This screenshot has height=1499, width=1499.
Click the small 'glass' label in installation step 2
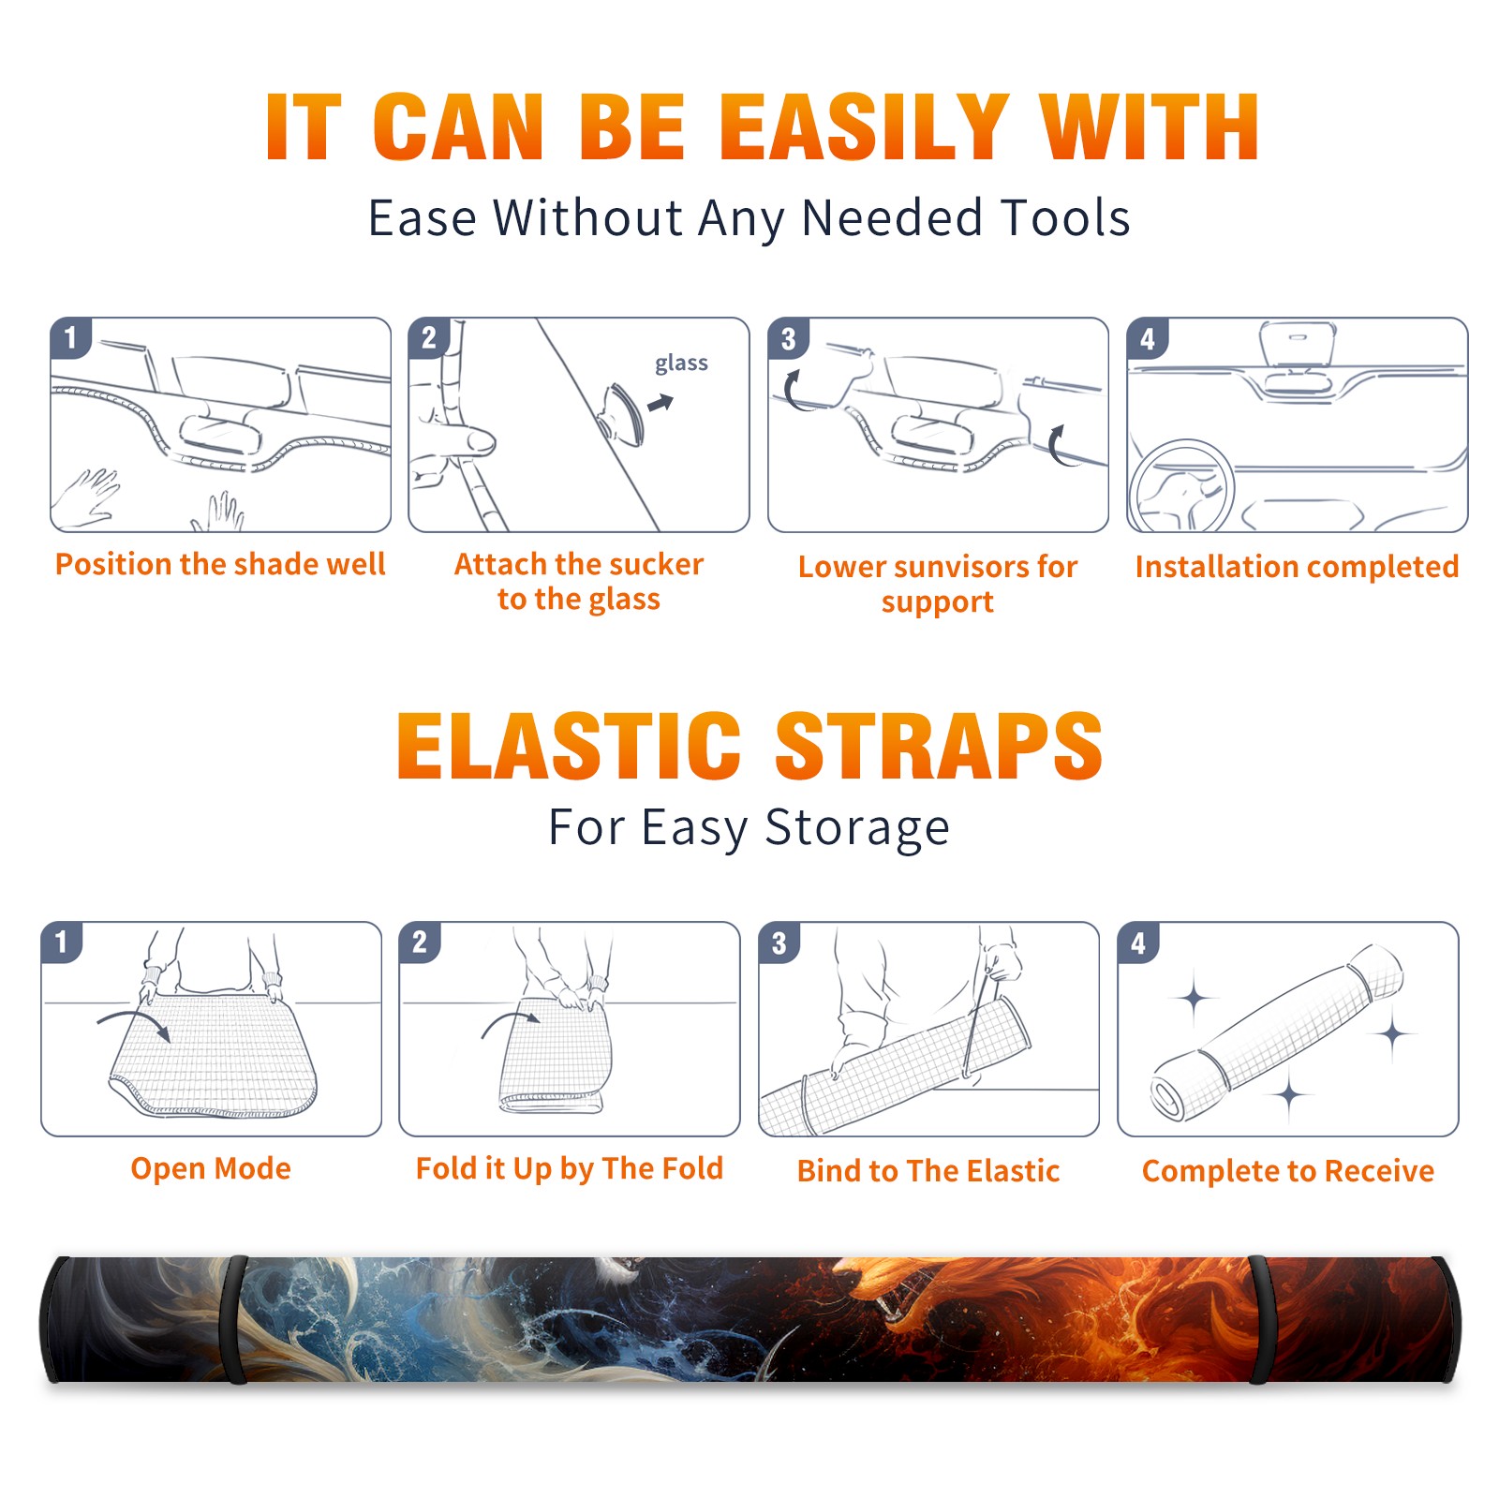click(681, 364)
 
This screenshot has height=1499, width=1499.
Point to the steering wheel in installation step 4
click(1181, 485)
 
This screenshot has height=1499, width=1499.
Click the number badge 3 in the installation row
click(788, 338)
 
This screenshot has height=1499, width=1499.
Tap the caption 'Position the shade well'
click(220, 564)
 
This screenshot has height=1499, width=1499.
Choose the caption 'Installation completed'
click(1297, 566)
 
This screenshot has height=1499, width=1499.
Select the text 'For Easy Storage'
click(749, 827)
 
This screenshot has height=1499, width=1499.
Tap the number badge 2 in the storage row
click(420, 942)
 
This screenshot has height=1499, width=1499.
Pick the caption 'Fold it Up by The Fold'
click(570, 1168)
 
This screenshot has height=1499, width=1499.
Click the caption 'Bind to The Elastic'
click(928, 1170)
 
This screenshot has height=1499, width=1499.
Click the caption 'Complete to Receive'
click(1288, 1170)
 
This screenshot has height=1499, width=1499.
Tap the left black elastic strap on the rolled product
click(234, 1319)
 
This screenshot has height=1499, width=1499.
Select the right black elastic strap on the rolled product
click(1261, 1319)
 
